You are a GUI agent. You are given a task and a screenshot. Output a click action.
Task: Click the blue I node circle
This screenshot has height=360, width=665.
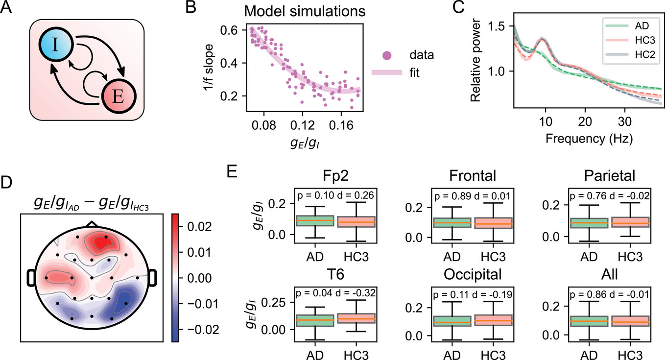pos(55,45)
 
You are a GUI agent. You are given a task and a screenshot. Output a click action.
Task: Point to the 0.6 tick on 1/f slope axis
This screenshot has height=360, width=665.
pos(229,30)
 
